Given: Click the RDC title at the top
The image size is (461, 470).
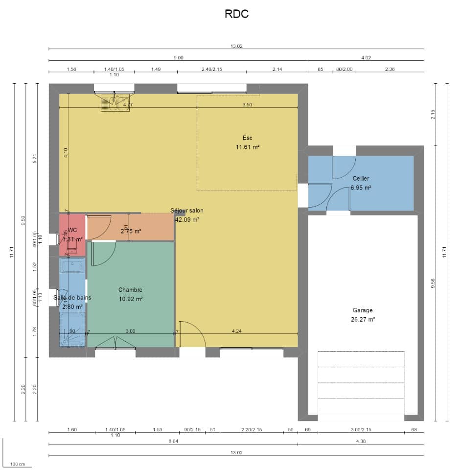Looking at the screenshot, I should pyautogui.click(x=236, y=14).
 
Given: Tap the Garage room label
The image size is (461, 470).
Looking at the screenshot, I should pyautogui.click(x=362, y=310).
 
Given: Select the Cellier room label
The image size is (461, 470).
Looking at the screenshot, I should pyautogui.click(x=361, y=179).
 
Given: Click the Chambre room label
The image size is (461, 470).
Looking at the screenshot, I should pyautogui.click(x=130, y=290).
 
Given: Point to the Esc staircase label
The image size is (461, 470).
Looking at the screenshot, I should pyautogui.click(x=247, y=138).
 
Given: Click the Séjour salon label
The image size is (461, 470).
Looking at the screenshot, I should pyautogui.click(x=187, y=211).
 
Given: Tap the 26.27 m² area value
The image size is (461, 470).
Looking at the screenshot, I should pyautogui.click(x=362, y=320).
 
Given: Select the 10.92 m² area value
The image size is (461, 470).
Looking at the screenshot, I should pyautogui.click(x=130, y=299).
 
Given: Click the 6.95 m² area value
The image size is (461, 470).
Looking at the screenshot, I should pyautogui.click(x=361, y=188).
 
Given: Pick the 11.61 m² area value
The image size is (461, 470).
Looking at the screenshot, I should pyautogui.click(x=247, y=147).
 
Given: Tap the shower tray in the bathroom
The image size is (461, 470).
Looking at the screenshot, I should pyautogui.click(x=72, y=329).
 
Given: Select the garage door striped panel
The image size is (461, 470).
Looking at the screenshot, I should pyautogui.click(x=361, y=382).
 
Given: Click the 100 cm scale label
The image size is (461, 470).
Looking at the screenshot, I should pyautogui.click(x=18, y=464).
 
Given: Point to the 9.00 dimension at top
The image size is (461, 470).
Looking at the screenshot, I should pyautogui.click(x=178, y=57).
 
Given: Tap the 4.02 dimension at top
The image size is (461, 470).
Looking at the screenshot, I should pyautogui.click(x=366, y=57).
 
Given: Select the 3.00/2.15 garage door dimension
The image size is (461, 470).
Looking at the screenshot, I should pyautogui.click(x=361, y=430).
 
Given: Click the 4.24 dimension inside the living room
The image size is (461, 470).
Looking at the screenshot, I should pyautogui.click(x=236, y=331).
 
